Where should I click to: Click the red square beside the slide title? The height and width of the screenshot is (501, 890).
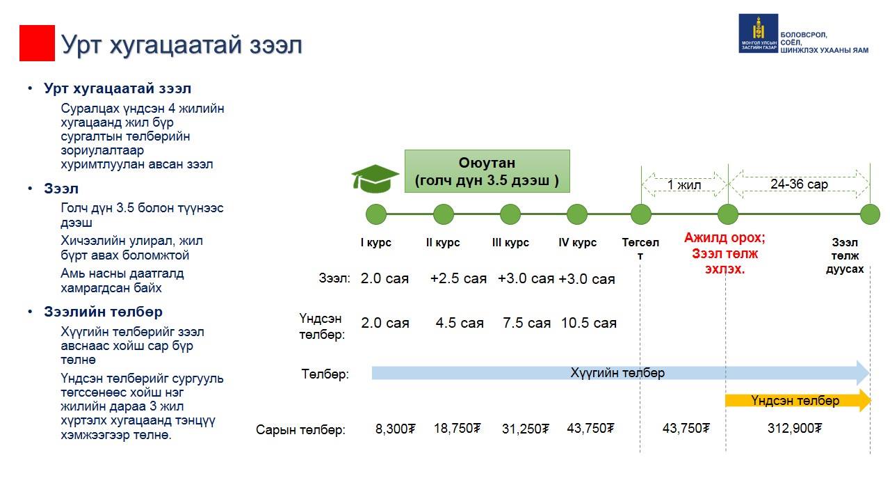click(x=37, y=43)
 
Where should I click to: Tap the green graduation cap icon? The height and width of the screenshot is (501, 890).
click(x=375, y=179)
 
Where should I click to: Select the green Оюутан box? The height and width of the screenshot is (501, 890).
click(x=487, y=171)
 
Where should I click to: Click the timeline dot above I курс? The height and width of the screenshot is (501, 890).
click(x=376, y=214)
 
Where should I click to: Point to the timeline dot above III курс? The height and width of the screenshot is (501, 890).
click(x=510, y=214)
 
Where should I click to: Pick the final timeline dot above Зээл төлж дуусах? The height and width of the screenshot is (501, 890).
click(x=870, y=214)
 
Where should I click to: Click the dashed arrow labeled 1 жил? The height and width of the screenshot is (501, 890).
click(x=684, y=184)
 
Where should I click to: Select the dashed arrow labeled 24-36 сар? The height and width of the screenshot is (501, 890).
click(x=799, y=184)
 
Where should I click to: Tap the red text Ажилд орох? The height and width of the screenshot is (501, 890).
click(x=725, y=238)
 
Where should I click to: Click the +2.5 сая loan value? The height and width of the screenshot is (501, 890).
click(x=458, y=278)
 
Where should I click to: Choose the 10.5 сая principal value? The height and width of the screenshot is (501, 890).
click(x=588, y=323)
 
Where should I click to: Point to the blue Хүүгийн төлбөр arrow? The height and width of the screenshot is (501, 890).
click(x=620, y=373)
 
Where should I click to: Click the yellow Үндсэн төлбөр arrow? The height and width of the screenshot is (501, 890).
click(x=798, y=400)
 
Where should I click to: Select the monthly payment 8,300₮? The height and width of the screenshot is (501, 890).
click(x=396, y=429)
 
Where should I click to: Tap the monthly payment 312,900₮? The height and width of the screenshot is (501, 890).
click(x=795, y=428)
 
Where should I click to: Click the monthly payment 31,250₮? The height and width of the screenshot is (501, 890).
click(x=525, y=429)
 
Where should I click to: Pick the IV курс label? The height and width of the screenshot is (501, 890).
click(x=577, y=242)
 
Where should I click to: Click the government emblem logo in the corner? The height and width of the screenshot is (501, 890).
click(x=758, y=33)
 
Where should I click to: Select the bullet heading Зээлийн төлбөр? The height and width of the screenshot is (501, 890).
click(x=104, y=312)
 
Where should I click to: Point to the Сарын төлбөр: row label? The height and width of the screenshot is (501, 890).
click(x=301, y=429)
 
